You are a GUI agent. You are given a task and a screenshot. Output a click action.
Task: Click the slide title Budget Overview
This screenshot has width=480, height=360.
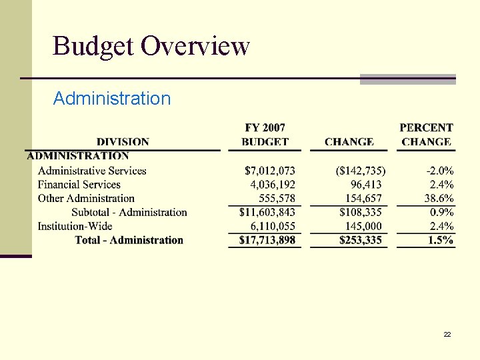[x=151, y=47]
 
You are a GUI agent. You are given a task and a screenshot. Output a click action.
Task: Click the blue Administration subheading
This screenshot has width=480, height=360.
[x=112, y=99]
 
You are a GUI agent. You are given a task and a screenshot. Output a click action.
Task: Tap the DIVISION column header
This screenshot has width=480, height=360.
[x=123, y=141]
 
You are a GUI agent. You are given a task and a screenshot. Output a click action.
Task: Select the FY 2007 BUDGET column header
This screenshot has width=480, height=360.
[x=265, y=134]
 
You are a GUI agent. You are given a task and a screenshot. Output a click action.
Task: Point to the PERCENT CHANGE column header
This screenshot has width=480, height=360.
[x=426, y=134]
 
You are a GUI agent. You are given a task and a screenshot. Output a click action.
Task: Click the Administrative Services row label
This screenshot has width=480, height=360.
[x=92, y=171]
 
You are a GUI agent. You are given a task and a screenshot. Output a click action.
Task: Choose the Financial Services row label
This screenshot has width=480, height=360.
[x=79, y=185]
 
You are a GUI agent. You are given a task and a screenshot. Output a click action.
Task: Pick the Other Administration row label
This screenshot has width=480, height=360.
[x=86, y=198]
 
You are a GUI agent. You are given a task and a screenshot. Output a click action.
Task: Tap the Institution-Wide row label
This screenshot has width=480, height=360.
[x=75, y=226]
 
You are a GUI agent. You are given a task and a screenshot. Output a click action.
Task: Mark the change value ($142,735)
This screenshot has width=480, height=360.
[x=360, y=171]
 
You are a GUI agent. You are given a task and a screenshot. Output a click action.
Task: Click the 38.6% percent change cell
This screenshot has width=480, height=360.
[x=439, y=198]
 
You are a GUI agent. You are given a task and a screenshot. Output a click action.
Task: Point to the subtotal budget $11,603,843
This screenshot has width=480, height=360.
[x=267, y=212]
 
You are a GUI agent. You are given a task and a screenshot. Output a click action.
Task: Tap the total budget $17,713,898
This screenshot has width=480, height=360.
[x=267, y=240]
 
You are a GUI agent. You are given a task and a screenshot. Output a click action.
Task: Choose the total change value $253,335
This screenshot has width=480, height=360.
[x=361, y=240]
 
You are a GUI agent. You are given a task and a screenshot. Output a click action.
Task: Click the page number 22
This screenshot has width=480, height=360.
[x=447, y=334]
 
